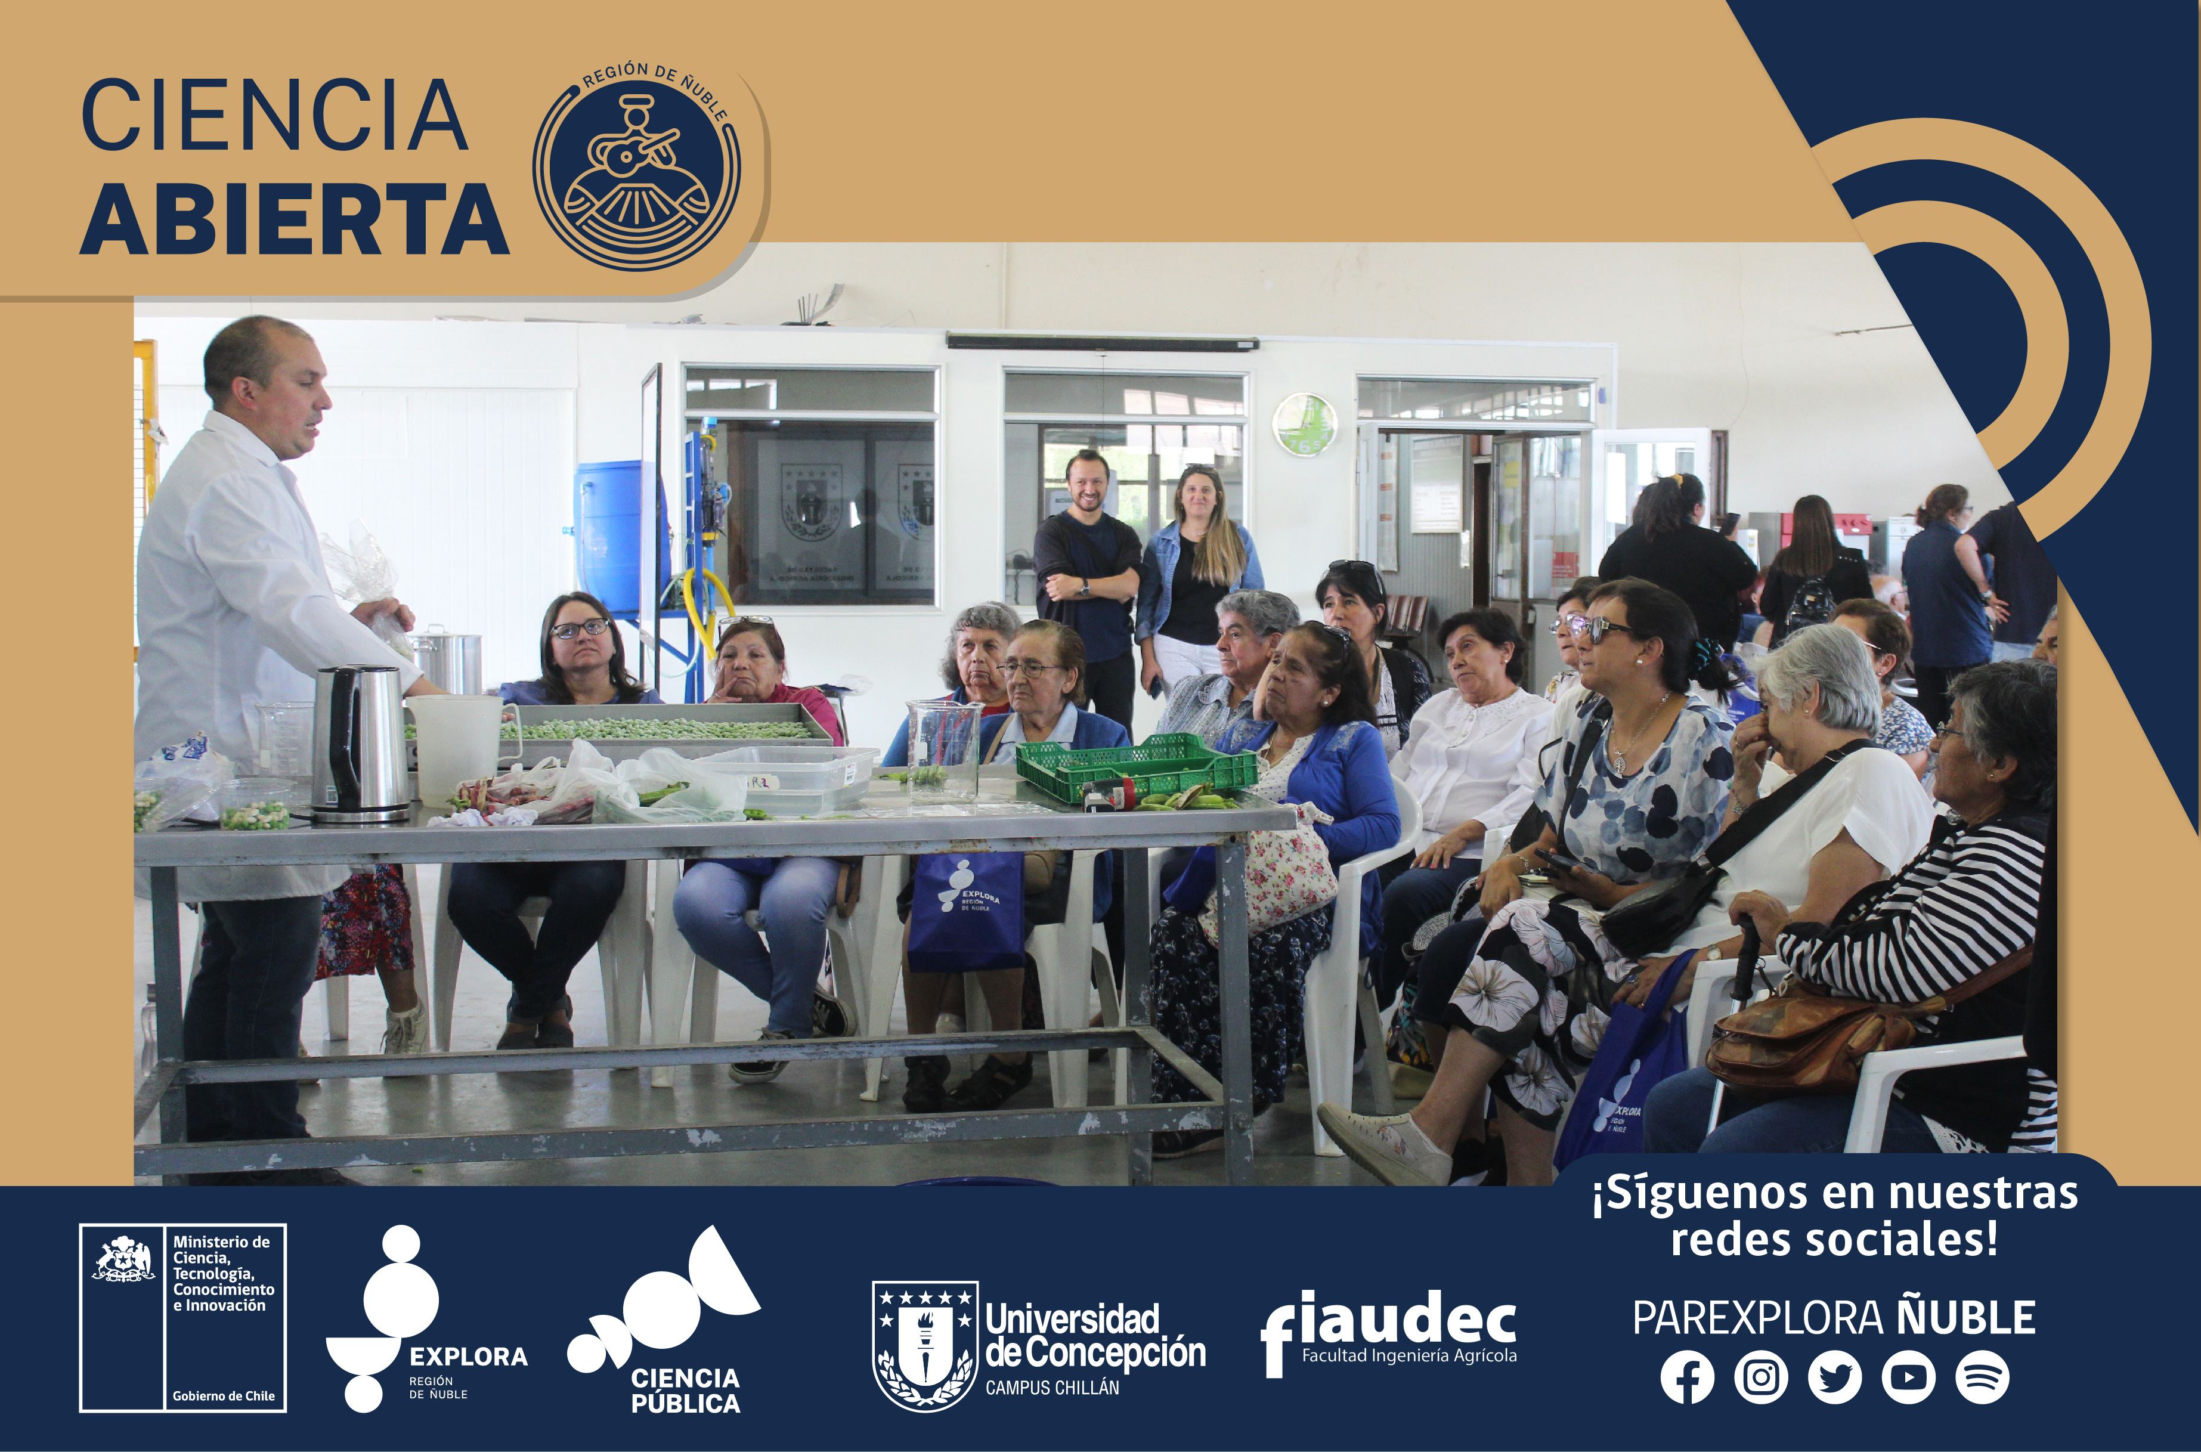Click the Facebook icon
1687,1377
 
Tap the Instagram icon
1760,1377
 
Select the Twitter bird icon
1834,1377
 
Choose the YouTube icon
1908,1377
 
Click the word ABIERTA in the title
295,219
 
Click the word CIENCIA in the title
275,116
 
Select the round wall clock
1304,424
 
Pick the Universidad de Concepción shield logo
925,1345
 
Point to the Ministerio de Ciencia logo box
182,1318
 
